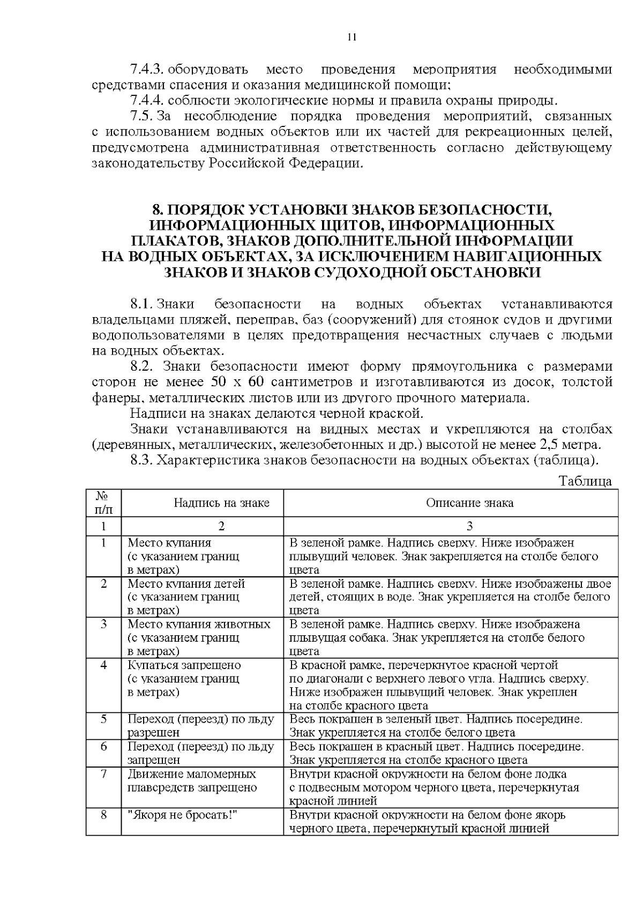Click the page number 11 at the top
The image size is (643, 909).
point(352,37)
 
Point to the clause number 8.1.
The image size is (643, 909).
point(142,305)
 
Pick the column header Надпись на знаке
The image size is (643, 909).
point(221,502)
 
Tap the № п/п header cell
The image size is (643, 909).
point(103,502)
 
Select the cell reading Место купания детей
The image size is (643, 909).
point(186,583)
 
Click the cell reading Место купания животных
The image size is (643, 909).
point(199,624)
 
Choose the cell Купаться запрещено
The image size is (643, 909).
point(184,665)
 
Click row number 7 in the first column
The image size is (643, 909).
point(103,773)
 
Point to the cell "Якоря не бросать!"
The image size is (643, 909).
point(182,815)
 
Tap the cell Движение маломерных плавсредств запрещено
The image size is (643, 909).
point(192,780)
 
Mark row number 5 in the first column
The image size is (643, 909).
point(103,718)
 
